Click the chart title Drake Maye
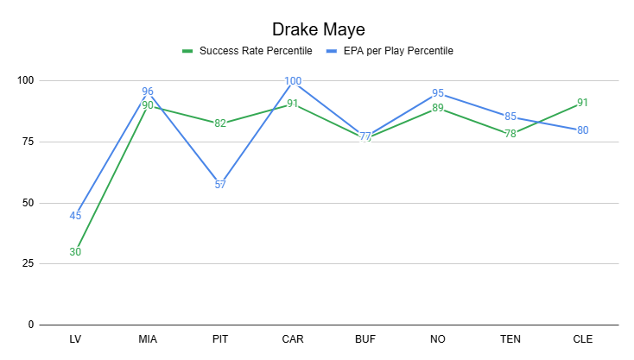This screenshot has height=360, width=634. tap(317, 28)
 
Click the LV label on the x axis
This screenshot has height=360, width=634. tap(75, 339)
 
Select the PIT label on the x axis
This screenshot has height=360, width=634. tap(220, 339)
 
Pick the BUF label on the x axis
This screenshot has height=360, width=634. tap(365, 339)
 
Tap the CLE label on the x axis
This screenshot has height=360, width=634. tap(583, 339)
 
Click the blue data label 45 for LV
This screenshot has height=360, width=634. tap(75, 216)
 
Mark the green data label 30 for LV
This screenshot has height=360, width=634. tap(75, 252)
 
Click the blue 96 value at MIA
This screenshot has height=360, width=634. tap(148, 91)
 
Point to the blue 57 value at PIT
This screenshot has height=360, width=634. tap(220, 185)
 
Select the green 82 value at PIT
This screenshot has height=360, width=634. tap(220, 123)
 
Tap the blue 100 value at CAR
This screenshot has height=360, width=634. tap(293, 81)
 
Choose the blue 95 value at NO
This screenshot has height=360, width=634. tap(438, 93)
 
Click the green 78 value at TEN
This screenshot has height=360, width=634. tap(510, 134)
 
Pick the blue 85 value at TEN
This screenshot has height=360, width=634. tap(510, 117)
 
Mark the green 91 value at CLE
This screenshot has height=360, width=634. tap(583, 102)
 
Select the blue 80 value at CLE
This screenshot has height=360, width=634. tap(583, 130)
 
